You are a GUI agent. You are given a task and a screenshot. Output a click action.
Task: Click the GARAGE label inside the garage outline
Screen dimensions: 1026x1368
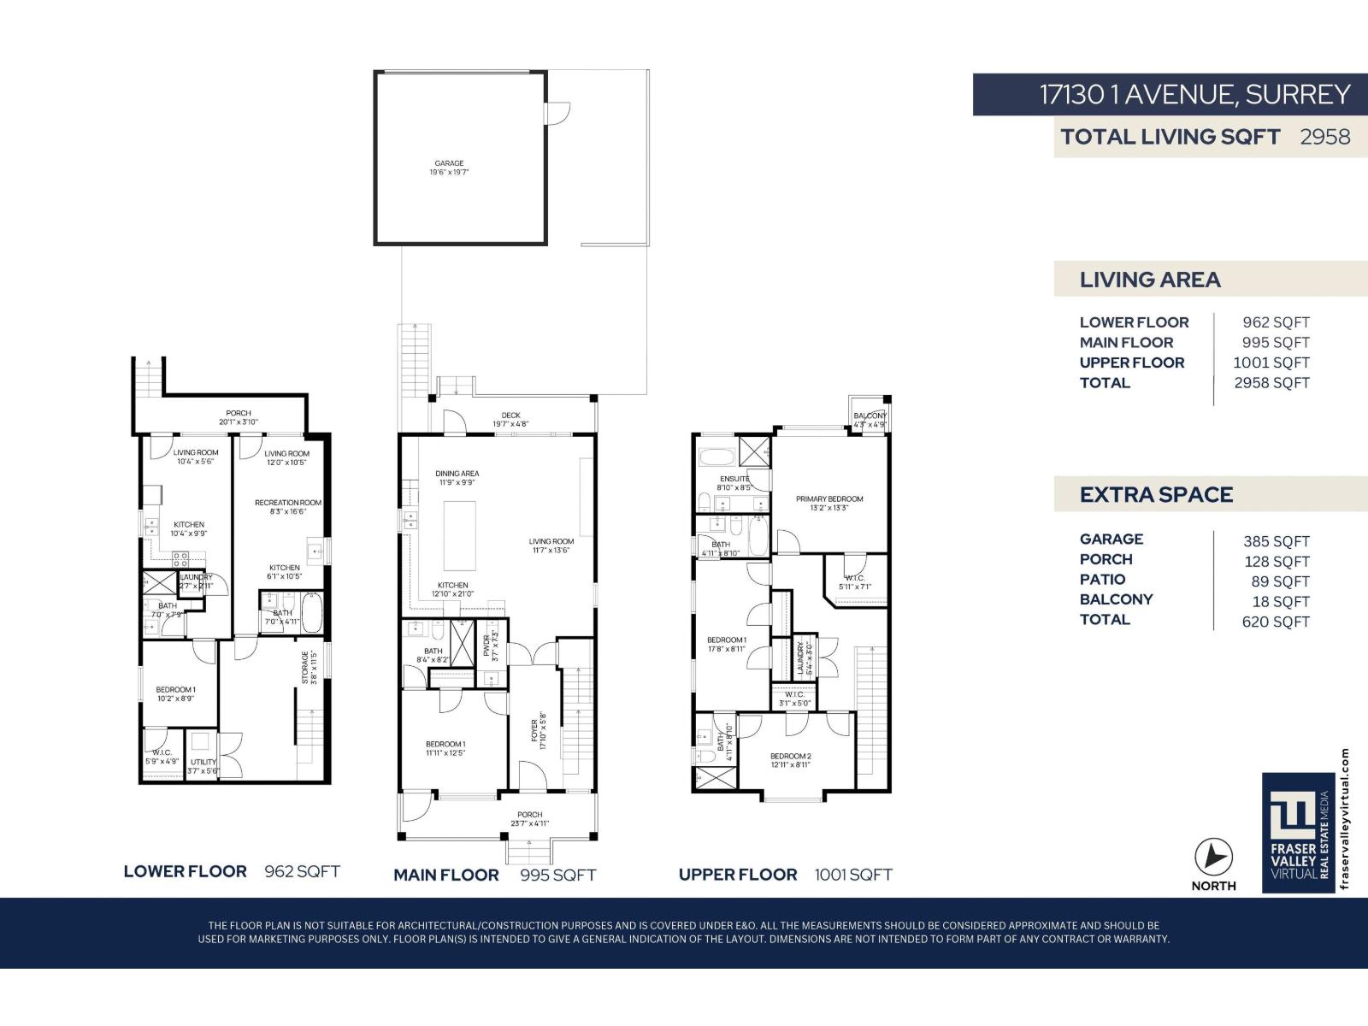(x=449, y=163)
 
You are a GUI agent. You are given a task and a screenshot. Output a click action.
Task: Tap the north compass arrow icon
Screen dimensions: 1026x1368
(x=1213, y=857)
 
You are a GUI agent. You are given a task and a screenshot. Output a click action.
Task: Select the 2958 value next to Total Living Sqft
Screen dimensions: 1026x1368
(x=1324, y=137)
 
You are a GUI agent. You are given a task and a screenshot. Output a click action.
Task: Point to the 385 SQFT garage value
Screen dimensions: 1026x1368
(x=1276, y=541)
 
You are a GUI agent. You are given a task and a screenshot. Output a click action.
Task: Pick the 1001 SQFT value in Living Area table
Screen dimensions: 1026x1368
(x=1271, y=363)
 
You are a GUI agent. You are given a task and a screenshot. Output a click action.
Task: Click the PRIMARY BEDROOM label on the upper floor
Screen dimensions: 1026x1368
(x=829, y=498)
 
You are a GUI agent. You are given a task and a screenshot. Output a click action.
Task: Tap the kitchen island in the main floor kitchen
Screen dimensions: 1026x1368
(x=459, y=535)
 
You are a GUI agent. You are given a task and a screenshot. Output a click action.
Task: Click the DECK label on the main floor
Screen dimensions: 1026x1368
(x=510, y=416)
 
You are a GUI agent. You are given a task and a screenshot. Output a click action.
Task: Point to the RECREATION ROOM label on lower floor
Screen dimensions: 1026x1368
(x=288, y=503)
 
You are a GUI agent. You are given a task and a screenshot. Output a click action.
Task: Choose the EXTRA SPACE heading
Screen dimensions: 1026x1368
(x=1156, y=495)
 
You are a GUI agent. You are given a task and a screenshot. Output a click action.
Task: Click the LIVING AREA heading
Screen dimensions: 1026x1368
(x=1150, y=280)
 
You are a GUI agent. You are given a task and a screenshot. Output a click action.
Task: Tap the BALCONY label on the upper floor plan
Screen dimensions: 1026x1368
(x=870, y=416)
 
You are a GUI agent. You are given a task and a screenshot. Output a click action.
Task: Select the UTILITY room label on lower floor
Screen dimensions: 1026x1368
(x=203, y=762)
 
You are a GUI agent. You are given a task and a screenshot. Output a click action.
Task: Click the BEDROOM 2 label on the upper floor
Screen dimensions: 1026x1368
(x=790, y=756)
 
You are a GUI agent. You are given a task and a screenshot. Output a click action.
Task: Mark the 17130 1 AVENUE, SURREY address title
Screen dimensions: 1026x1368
(x=1194, y=94)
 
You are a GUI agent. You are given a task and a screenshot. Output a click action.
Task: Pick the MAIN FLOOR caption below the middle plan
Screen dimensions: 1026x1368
(x=445, y=875)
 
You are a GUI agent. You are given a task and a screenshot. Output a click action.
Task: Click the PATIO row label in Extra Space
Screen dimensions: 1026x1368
(x=1102, y=580)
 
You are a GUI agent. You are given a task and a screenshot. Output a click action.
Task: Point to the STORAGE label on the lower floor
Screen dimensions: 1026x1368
(x=304, y=667)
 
